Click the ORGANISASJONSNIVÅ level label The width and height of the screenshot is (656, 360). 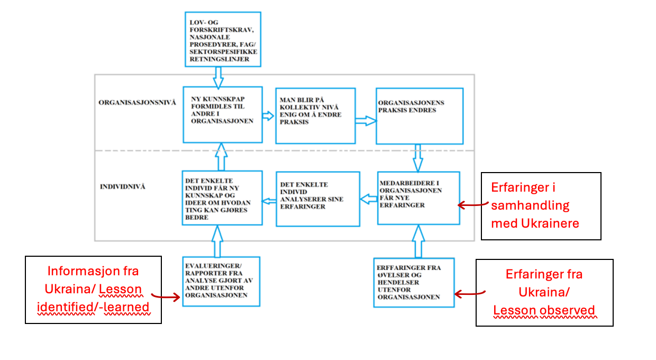pos(137,103)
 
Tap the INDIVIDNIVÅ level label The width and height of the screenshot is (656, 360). pos(122,187)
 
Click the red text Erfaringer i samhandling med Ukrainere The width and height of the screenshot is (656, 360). pos(535,205)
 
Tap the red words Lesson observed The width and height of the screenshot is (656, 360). pos(544,310)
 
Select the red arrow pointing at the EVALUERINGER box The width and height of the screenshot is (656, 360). pos(166,296)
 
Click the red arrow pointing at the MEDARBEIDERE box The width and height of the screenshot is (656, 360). pos(472,204)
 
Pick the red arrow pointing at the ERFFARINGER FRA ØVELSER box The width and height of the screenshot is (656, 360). pos(469,293)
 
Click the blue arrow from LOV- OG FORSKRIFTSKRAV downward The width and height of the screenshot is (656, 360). pos(218,78)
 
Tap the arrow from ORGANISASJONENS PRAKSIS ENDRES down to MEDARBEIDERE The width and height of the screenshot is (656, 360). pos(418,158)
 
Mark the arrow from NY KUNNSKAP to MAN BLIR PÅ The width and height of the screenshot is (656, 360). pos(268,116)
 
